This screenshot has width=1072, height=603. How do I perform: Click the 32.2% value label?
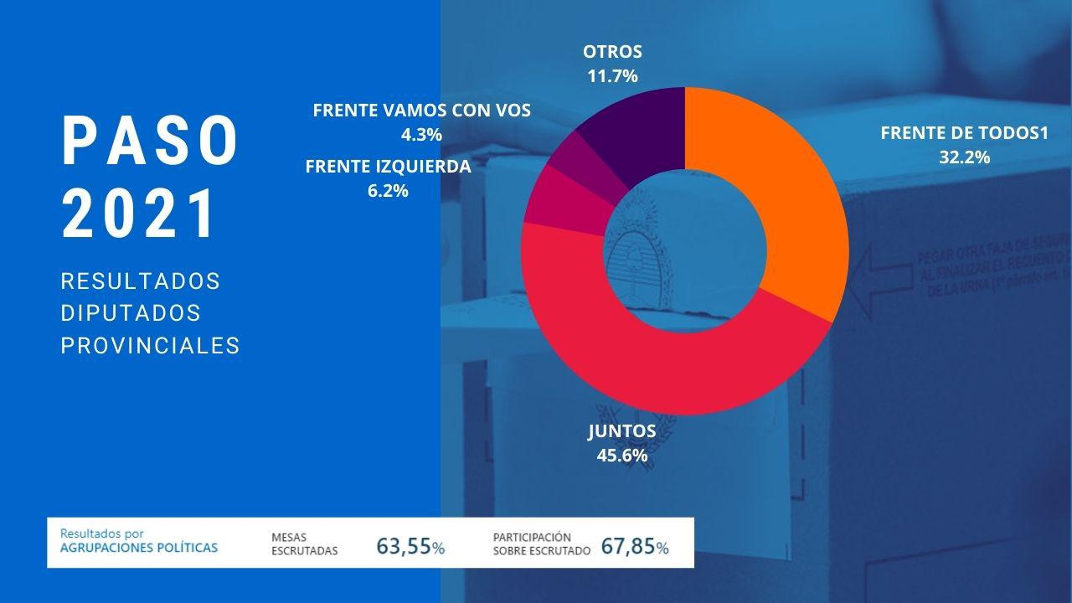964,157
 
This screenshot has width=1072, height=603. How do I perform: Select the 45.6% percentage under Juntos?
621,456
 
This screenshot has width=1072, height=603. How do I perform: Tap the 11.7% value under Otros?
612,76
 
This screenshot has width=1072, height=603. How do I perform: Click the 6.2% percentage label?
388,190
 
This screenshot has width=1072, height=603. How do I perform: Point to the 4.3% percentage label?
421,134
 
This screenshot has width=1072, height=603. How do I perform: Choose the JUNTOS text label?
621,431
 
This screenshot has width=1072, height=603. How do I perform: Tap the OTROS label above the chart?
612,52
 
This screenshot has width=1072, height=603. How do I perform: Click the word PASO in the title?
151,141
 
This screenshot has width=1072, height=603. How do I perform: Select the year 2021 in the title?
140,214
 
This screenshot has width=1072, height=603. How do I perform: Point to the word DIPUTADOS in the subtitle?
131,312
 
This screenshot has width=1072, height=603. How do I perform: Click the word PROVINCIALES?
151,345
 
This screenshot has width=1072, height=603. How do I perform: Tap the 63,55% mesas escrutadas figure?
410,547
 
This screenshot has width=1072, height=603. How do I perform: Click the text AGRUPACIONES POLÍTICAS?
139,548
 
